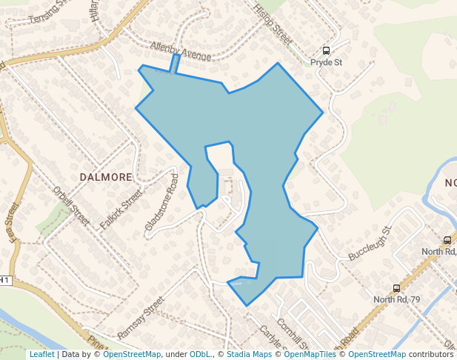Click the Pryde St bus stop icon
pyautogui.click(x=326, y=51)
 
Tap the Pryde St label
pyautogui.click(x=326, y=63)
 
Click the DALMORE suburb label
pyautogui.click(x=106, y=177)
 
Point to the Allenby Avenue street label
pyautogui.click(x=181, y=51)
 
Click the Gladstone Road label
pyautogui.click(x=162, y=202)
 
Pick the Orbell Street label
pyautogui.click(x=71, y=205)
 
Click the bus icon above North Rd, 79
pyautogui.click(x=396, y=288)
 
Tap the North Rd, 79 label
pyautogui.click(x=396, y=299)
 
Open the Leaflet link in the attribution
pyautogui.click(x=41, y=355)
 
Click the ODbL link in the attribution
pyautogui.click(x=200, y=355)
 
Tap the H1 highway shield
pyautogui.click(x=5, y=280)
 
